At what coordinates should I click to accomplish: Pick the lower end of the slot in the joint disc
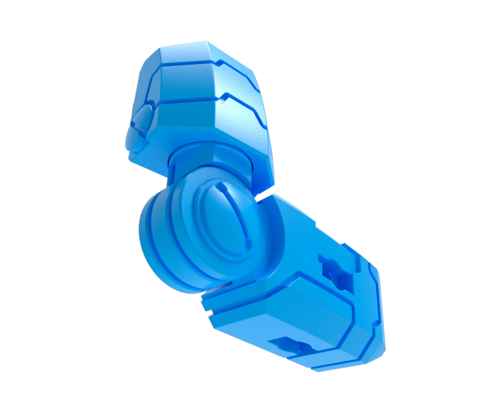click(x=248, y=242)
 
